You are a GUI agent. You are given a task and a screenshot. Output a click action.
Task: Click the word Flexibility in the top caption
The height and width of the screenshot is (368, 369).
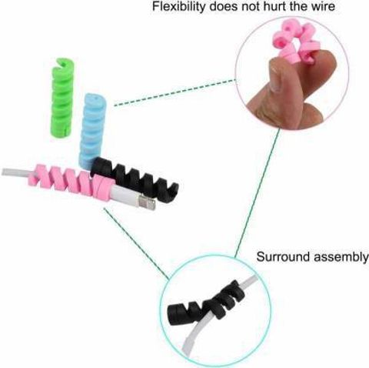pos(178,6)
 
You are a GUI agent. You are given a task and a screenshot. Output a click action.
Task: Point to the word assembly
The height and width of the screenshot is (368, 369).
pos(341,257)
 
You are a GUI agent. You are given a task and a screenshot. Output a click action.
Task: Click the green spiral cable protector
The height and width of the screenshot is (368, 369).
pos(63,98)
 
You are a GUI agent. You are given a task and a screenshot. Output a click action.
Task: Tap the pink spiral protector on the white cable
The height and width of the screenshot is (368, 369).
pos(71,181)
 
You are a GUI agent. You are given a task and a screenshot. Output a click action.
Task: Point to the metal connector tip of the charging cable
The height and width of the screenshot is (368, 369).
pos(147,202)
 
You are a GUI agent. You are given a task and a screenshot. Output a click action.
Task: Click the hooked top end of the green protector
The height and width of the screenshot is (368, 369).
pos(63,64)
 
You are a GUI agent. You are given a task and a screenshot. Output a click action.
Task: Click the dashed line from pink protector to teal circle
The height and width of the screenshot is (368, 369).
pos(136,244)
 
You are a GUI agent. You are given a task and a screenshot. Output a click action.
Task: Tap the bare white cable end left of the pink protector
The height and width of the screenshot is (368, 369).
pos(16,172)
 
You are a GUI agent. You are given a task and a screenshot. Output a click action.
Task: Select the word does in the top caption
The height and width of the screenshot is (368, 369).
pos(224,6)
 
